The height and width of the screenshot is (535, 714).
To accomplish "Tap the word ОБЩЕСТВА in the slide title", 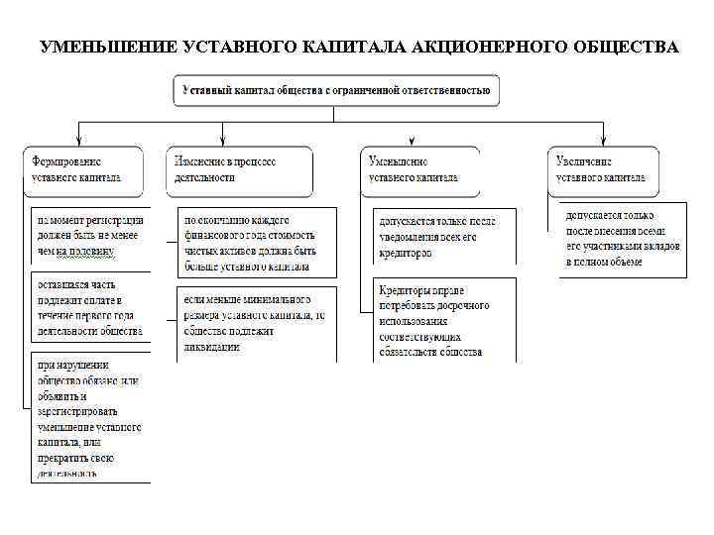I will click(x=626, y=48).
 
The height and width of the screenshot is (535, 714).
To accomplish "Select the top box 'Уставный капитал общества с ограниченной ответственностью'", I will click(x=337, y=90).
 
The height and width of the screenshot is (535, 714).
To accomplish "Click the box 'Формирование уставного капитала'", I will click(x=84, y=169).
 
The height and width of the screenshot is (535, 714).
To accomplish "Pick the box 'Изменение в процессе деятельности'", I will click(x=239, y=169).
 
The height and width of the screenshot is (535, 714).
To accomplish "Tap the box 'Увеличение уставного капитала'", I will click(x=602, y=169).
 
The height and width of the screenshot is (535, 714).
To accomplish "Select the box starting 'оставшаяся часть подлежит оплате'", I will click(x=89, y=308).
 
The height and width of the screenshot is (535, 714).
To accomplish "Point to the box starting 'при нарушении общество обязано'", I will click(x=89, y=416).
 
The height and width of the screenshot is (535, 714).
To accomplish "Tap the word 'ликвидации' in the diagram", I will click(x=210, y=348).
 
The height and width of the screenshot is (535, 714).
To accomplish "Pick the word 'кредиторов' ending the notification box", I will click(x=406, y=253).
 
